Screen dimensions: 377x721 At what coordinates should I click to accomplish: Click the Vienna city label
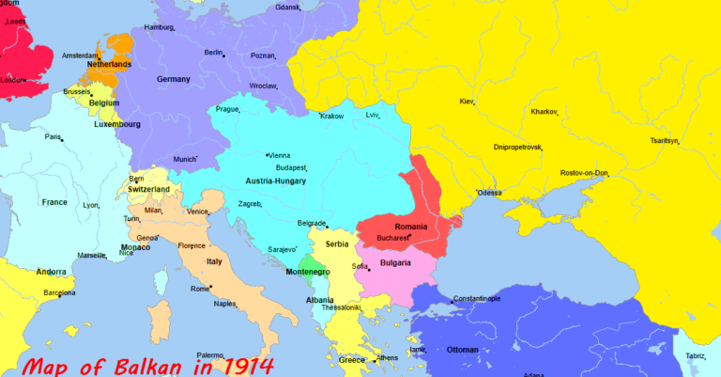[280, 155]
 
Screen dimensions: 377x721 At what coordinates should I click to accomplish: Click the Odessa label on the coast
[490, 193]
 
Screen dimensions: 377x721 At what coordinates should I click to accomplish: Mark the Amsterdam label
[80, 55]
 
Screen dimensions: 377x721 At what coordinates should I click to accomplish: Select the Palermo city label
[210, 355]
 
